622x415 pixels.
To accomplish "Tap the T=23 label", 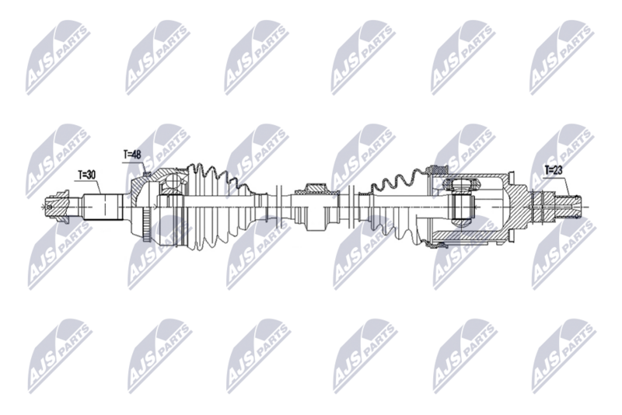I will pyautogui.click(x=554, y=169).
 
